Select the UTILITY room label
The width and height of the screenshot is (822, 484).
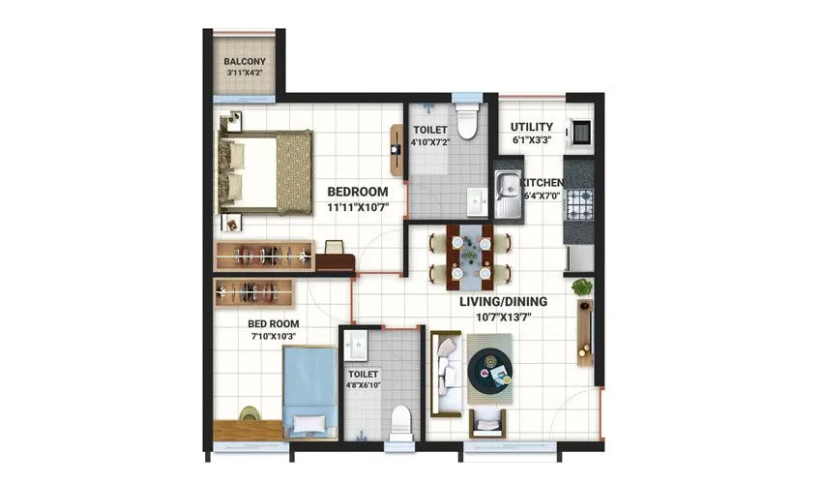click(x=531, y=128)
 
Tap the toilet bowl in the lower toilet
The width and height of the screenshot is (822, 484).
click(x=398, y=421)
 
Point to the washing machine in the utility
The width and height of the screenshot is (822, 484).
click(x=579, y=133)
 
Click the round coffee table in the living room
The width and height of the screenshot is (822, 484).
click(x=492, y=369)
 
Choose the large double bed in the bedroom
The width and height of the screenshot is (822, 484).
click(x=265, y=171)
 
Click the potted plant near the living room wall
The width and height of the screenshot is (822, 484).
click(x=581, y=287)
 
